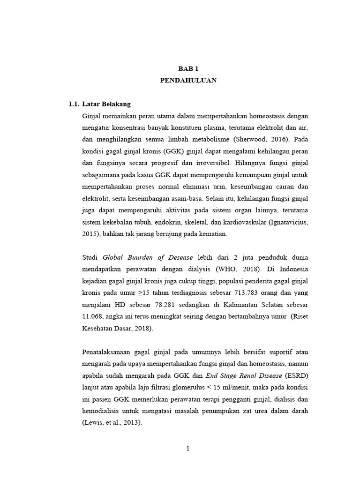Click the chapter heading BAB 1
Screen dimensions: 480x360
pos(188,68)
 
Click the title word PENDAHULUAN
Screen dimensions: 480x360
pos(188,80)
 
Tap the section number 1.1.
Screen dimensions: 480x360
pos(74,104)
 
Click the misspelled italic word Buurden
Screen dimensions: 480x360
pos(140,258)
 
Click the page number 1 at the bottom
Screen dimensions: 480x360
pos(188,449)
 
